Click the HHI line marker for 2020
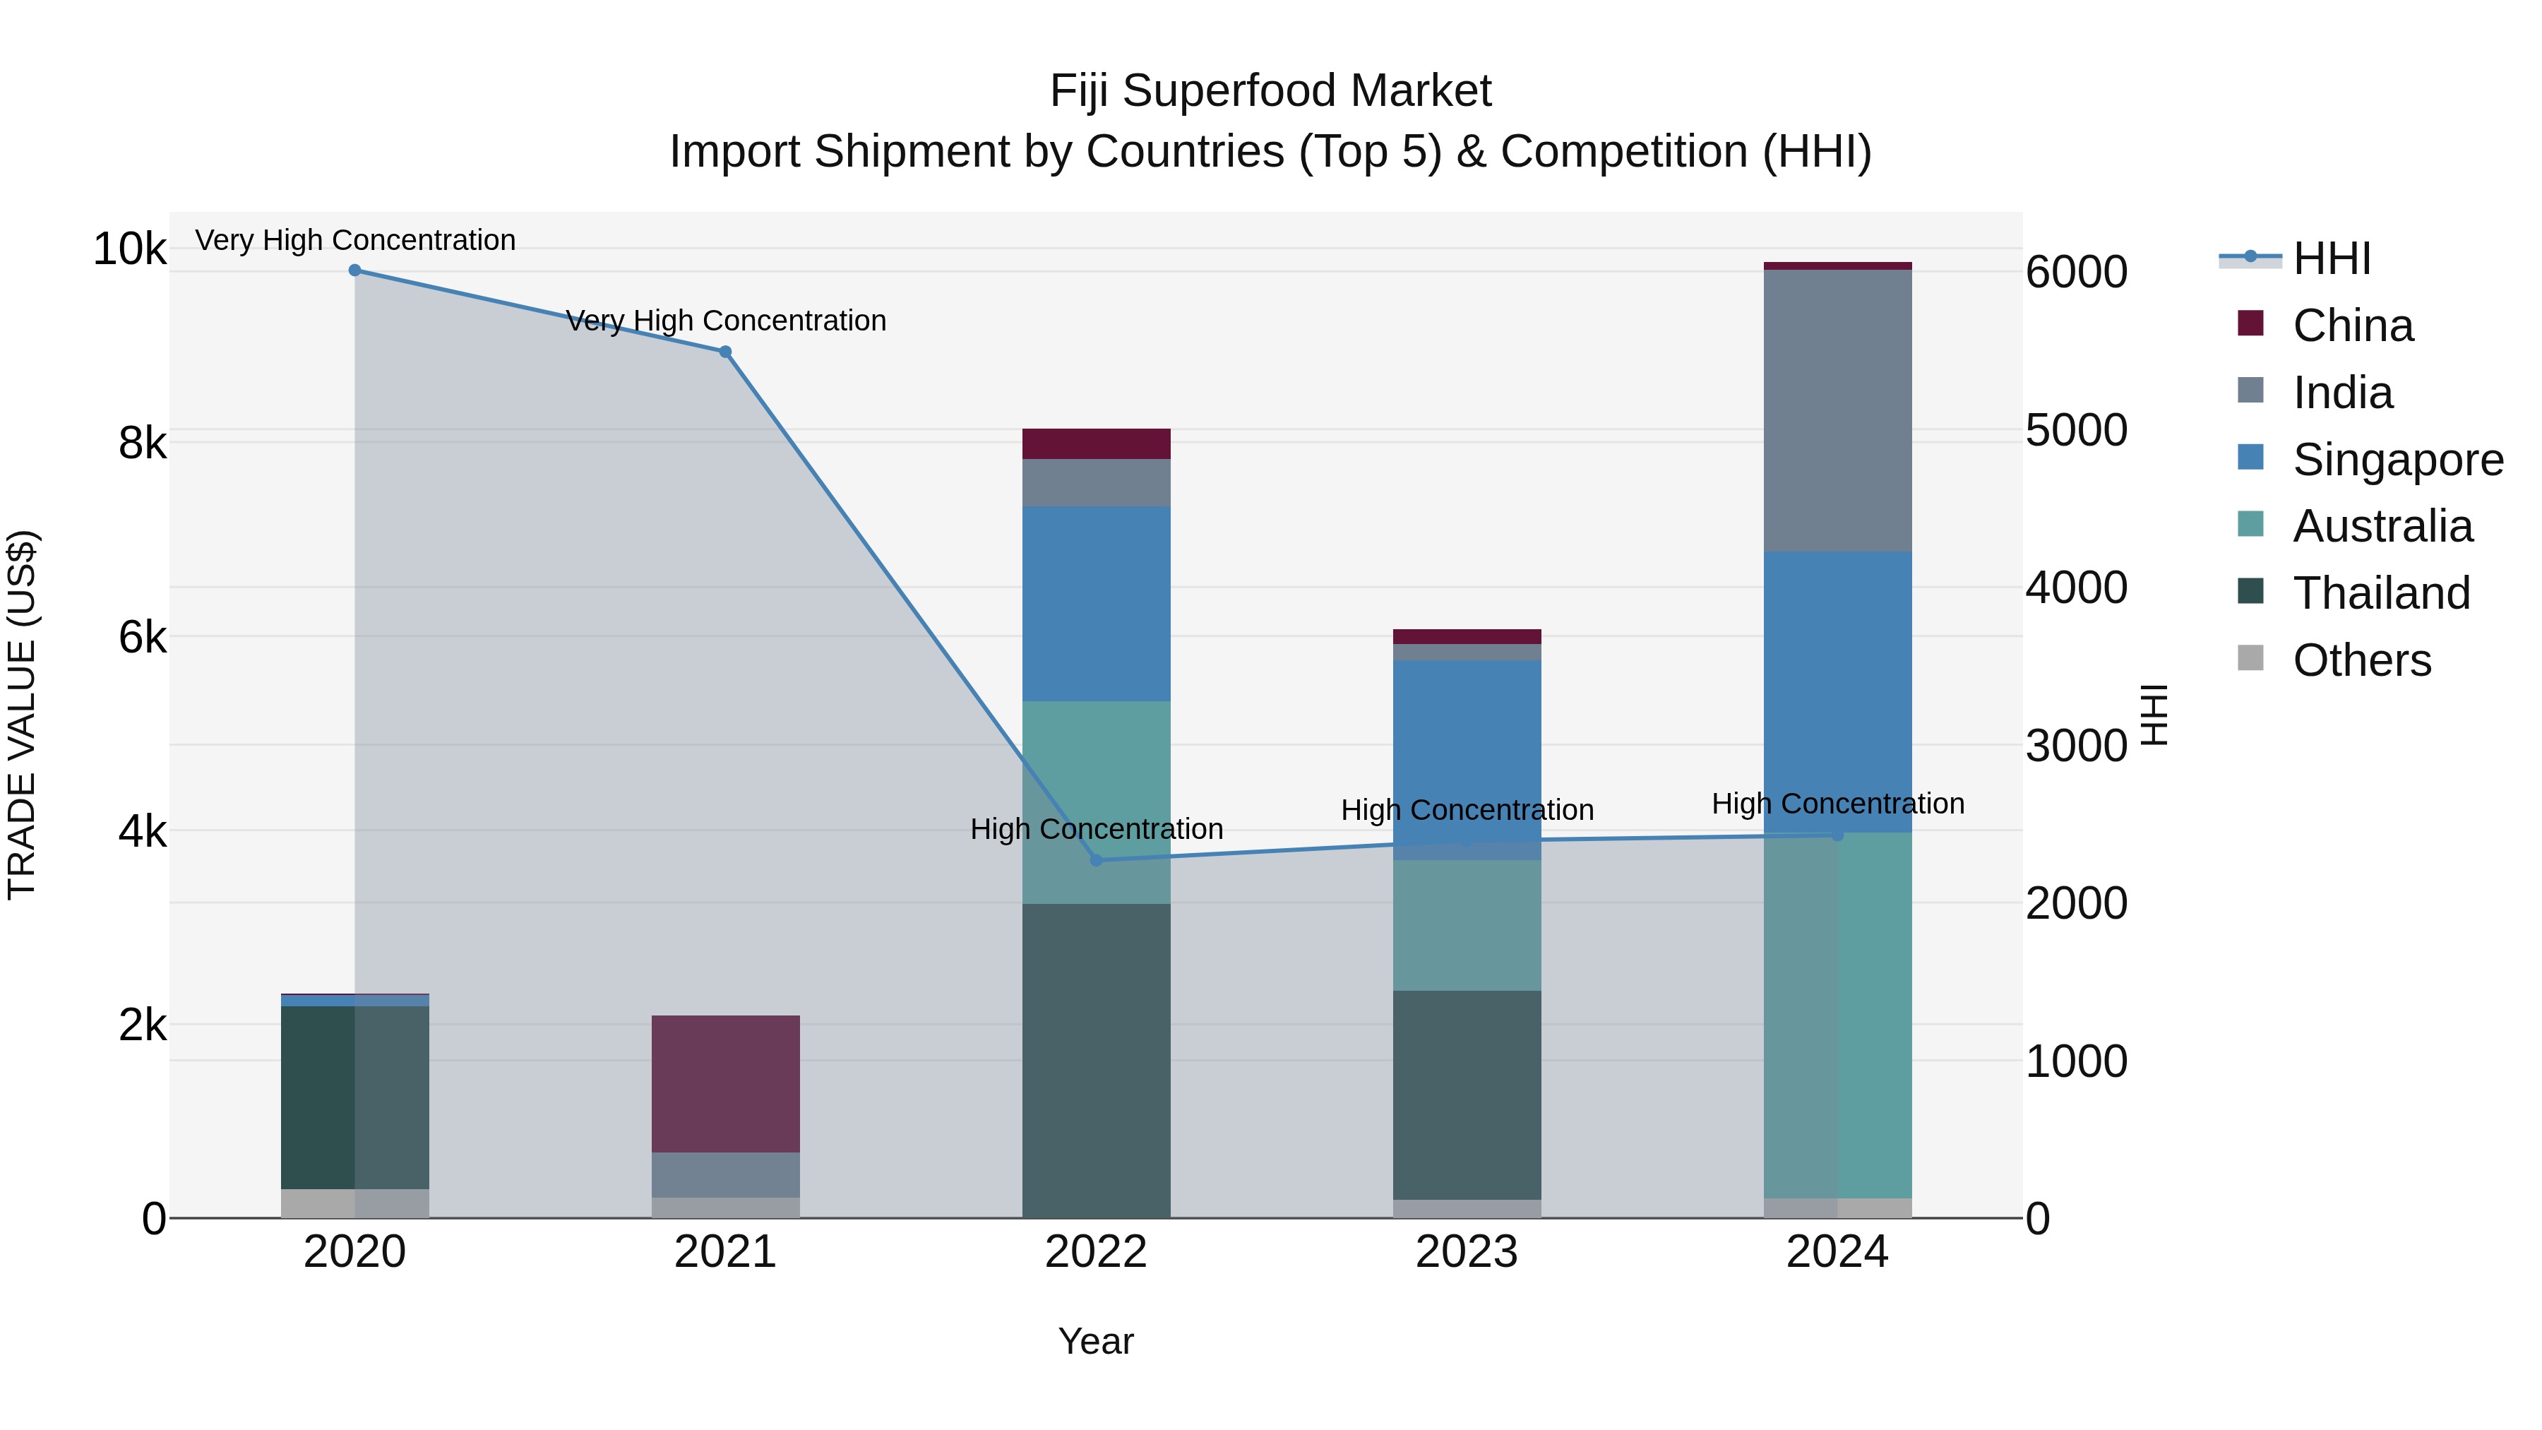coord(354,270)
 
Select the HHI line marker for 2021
coord(725,352)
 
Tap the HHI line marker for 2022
coord(1097,861)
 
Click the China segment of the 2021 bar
coord(725,1083)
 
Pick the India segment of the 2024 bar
coord(1837,410)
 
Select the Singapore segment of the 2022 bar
coord(1097,604)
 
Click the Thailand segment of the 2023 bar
coord(1467,1095)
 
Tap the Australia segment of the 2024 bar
coord(1837,1016)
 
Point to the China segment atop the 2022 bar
coord(1097,444)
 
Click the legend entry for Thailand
coord(2381,593)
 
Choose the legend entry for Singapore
coord(2398,460)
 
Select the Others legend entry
coord(2361,660)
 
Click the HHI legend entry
coord(2331,258)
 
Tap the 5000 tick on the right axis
coord(2076,430)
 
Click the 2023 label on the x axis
coord(1467,1252)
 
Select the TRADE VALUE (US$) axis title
coord(22,715)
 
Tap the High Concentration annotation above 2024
coord(1837,804)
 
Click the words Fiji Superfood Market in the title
coord(1270,91)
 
